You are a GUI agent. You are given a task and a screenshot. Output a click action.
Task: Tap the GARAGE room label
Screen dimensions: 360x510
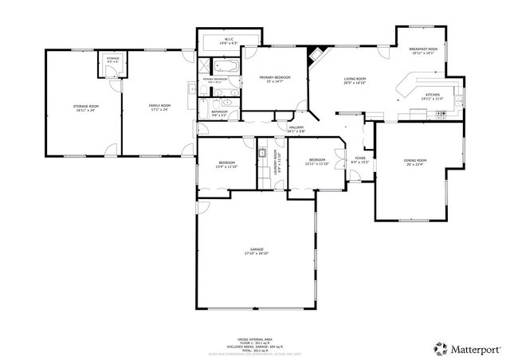(257, 250)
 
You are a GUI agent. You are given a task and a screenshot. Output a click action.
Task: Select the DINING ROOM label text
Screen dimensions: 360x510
(415, 161)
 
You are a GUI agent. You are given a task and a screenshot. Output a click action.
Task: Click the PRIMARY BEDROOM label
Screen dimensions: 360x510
(274, 77)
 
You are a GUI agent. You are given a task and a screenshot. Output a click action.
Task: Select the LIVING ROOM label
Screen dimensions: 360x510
(355, 79)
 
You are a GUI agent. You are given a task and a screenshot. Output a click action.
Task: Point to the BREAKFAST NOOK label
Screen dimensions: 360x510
(424, 49)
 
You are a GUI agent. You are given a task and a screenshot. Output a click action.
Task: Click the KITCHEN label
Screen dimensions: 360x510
(432, 96)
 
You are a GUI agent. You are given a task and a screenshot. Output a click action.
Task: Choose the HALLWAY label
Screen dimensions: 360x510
(296, 127)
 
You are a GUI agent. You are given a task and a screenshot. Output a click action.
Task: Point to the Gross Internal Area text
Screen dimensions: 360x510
(257, 338)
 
